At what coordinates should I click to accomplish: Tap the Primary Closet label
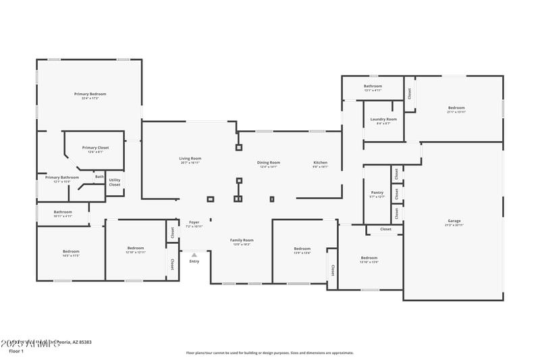[x=95, y=147]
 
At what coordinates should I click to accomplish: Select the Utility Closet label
[x=115, y=182]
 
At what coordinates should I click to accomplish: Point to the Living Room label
[x=190, y=158]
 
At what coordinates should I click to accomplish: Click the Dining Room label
[x=268, y=162]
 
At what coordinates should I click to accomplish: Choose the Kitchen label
[x=320, y=162]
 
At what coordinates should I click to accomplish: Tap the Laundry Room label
[x=383, y=119]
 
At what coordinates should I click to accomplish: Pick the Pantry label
[x=377, y=192]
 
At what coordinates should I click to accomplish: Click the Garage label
[x=454, y=221]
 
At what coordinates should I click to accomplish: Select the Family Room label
[x=242, y=240]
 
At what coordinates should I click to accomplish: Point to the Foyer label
[x=194, y=222]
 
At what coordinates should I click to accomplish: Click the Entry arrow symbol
[x=194, y=255]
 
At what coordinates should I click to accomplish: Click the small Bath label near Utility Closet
[x=99, y=177]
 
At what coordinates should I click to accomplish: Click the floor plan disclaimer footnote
[x=269, y=353]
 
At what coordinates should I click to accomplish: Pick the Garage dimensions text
[x=454, y=225]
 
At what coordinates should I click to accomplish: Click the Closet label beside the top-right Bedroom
[x=409, y=93]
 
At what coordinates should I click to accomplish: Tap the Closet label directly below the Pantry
[x=385, y=229]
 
